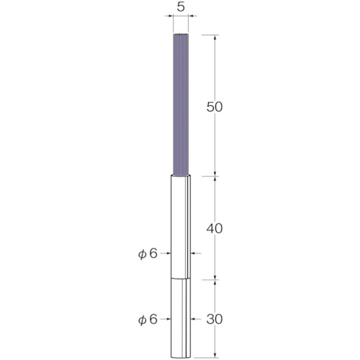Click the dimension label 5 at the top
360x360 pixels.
181,7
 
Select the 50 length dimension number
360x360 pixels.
215,107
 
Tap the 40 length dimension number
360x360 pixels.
215,229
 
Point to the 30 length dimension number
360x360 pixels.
215,319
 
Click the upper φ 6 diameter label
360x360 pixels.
148,253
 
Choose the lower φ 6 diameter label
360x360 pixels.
148,320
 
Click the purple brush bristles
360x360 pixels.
181,104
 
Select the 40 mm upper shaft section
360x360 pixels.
181,227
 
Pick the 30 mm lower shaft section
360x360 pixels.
181,318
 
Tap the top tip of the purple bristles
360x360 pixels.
181,34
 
